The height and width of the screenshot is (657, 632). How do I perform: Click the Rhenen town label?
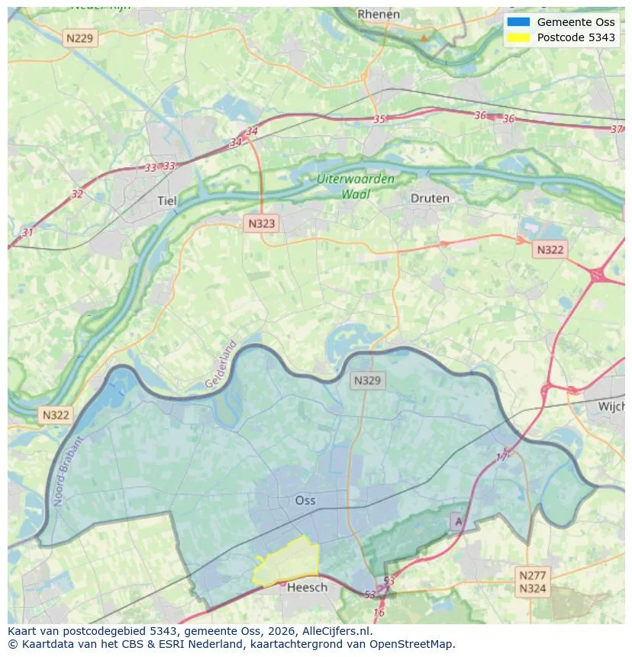[379, 14]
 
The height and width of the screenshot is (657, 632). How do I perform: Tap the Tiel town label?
[166, 201]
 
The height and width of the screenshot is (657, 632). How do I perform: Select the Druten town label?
[430, 198]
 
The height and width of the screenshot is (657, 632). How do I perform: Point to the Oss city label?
[305, 501]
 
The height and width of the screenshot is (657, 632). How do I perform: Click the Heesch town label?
[307, 587]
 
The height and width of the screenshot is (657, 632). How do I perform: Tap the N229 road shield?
[81, 37]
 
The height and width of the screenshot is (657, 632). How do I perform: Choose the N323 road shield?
[262, 224]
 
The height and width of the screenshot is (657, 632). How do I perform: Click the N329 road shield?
[369, 379]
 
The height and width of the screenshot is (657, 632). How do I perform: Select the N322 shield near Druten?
[550, 250]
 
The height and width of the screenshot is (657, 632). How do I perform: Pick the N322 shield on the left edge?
[55, 415]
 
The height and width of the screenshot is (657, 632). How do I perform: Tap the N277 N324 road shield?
[532, 581]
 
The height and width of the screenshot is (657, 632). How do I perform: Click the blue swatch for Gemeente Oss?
[518, 22]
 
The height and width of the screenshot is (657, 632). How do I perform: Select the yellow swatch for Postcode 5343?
[518, 38]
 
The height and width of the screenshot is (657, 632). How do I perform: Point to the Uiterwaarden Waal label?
[356, 187]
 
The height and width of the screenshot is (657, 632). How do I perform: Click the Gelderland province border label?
[221, 364]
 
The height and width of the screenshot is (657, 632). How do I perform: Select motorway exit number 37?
[617, 129]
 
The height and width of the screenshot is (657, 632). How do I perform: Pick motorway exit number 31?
[28, 232]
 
